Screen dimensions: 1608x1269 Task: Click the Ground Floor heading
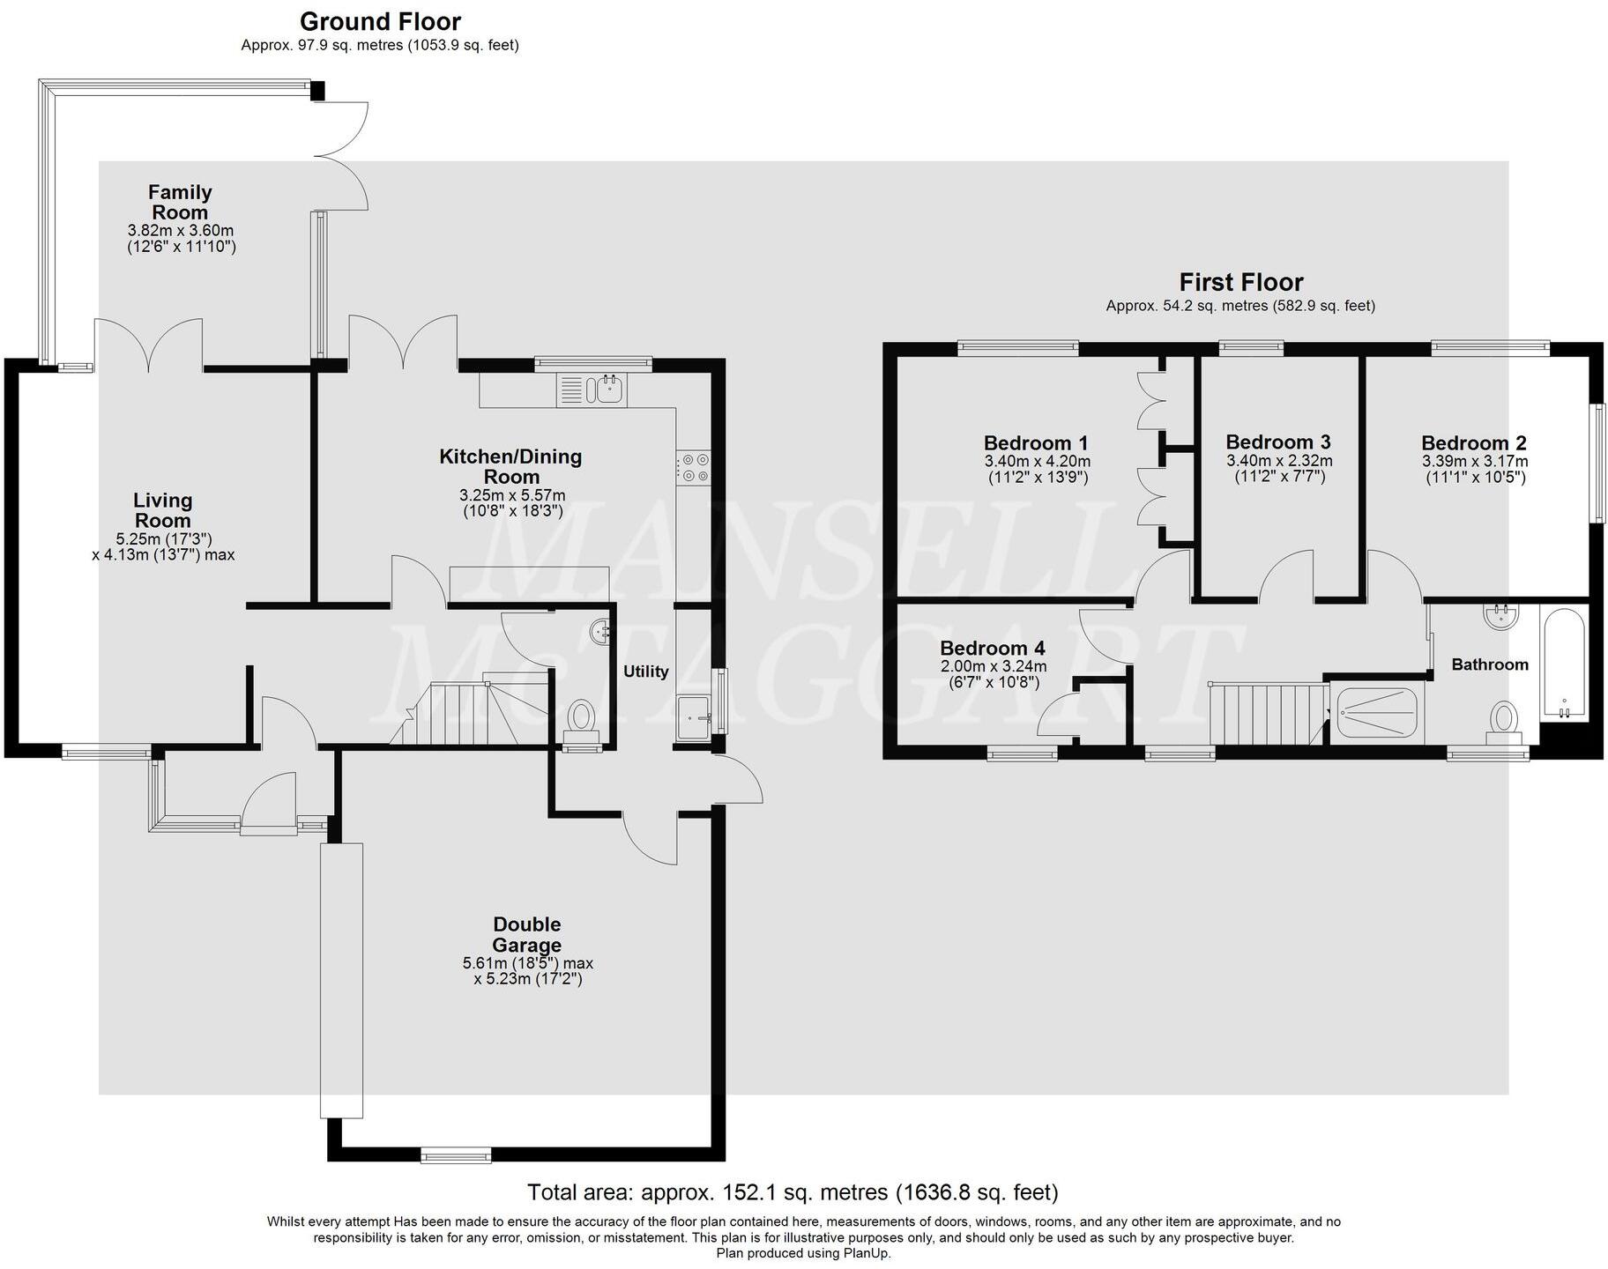[x=380, y=21]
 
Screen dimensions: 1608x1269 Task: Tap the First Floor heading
[x=1241, y=282]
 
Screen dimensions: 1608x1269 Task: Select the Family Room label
[x=180, y=202]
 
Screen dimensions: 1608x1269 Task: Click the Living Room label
[x=163, y=510]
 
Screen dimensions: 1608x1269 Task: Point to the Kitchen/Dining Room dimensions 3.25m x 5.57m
[x=512, y=495]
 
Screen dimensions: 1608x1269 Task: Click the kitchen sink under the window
[x=592, y=389]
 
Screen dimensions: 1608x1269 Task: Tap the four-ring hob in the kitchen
[x=693, y=467]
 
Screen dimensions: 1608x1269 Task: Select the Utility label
[x=646, y=672]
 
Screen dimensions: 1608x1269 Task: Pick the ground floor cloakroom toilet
[x=581, y=716]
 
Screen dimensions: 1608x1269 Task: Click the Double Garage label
[x=527, y=935]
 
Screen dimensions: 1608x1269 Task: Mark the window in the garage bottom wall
[x=456, y=1154]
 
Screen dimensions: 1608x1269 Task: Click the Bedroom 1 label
[x=1036, y=443]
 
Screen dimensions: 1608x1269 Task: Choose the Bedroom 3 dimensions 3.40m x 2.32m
[x=1279, y=461]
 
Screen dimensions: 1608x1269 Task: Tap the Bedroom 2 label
[x=1474, y=443]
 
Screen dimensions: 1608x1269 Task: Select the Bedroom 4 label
[x=993, y=649]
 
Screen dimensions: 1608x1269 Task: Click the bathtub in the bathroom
[x=1565, y=663]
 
